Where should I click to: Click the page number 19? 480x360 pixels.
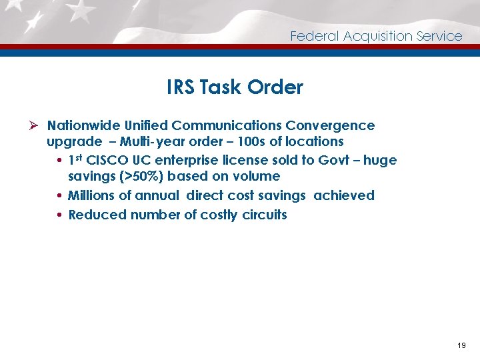tap(461, 346)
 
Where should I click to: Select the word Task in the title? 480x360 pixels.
tap(223, 87)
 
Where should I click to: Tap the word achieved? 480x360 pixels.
tap(344, 195)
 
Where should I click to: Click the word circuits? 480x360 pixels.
tap(264, 215)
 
